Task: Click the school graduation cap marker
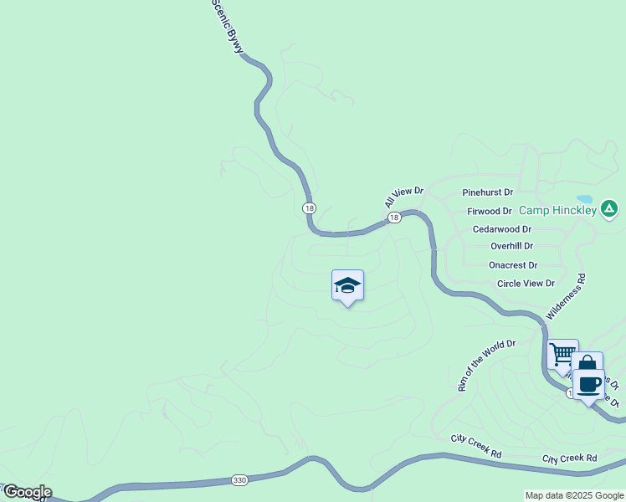(x=347, y=286)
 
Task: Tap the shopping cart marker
(x=562, y=353)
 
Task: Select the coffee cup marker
(x=589, y=384)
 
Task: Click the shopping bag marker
(x=587, y=365)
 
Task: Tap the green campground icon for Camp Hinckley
(x=610, y=208)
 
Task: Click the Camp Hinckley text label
(x=557, y=210)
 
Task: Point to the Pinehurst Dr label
(x=487, y=192)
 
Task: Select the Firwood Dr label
(x=490, y=212)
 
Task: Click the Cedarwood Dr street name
(x=502, y=228)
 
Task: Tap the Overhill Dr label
(x=512, y=246)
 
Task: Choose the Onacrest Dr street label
(x=513, y=264)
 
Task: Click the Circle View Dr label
(x=526, y=283)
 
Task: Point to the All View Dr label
(x=404, y=197)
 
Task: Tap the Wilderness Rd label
(x=566, y=296)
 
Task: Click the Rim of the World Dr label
(x=486, y=365)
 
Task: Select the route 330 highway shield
(x=240, y=480)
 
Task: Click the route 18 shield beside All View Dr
(x=394, y=218)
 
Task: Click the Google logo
(x=27, y=492)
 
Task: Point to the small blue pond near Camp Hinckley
(x=584, y=199)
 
